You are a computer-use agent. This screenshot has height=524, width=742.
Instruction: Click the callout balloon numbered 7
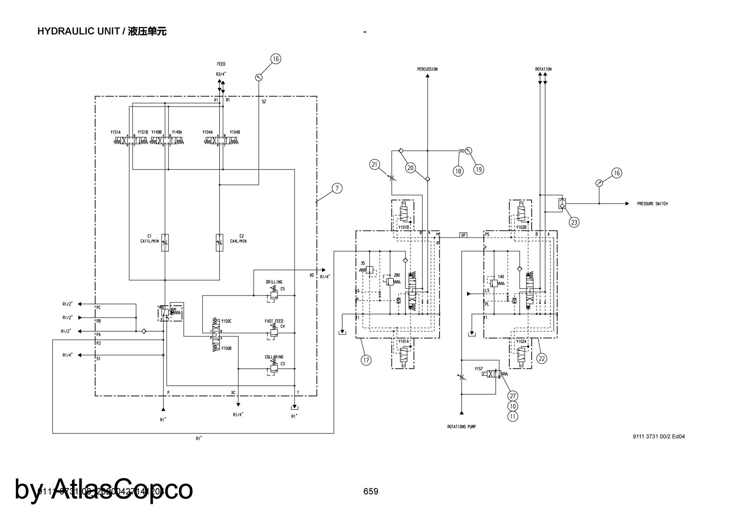(x=337, y=188)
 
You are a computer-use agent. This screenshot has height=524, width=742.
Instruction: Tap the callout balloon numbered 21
(x=375, y=165)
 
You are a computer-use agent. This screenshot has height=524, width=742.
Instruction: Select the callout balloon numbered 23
(x=574, y=222)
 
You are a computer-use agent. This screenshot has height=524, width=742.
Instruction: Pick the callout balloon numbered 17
(x=366, y=360)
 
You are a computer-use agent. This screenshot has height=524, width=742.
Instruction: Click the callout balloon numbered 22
(x=542, y=358)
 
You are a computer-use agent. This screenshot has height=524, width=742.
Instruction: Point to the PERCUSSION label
(x=427, y=69)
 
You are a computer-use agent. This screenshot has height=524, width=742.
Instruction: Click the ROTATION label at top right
(x=543, y=69)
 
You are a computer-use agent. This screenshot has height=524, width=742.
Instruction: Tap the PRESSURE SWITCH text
(x=652, y=204)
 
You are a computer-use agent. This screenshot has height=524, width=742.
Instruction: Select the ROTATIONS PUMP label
(x=461, y=427)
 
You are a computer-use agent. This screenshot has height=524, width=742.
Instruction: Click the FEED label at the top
(x=221, y=64)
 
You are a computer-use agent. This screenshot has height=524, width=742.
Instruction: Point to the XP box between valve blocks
(x=463, y=235)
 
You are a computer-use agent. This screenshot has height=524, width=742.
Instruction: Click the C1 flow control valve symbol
(x=165, y=243)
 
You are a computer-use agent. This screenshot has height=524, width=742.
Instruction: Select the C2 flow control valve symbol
(x=220, y=243)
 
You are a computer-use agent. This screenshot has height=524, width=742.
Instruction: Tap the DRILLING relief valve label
(x=274, y=282)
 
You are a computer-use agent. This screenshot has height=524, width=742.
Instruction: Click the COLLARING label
(x=274, y=357)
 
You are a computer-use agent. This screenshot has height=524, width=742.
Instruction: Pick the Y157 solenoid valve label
(x=479, y=369)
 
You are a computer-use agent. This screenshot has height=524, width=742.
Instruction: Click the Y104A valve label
(x=207, y=132)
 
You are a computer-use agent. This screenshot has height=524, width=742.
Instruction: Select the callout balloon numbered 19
(x=479, y=169)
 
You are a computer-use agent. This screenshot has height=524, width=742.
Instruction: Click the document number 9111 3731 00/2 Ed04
(x=659, y=437)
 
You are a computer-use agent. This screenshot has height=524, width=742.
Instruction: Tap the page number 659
(x=371, y=491)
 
